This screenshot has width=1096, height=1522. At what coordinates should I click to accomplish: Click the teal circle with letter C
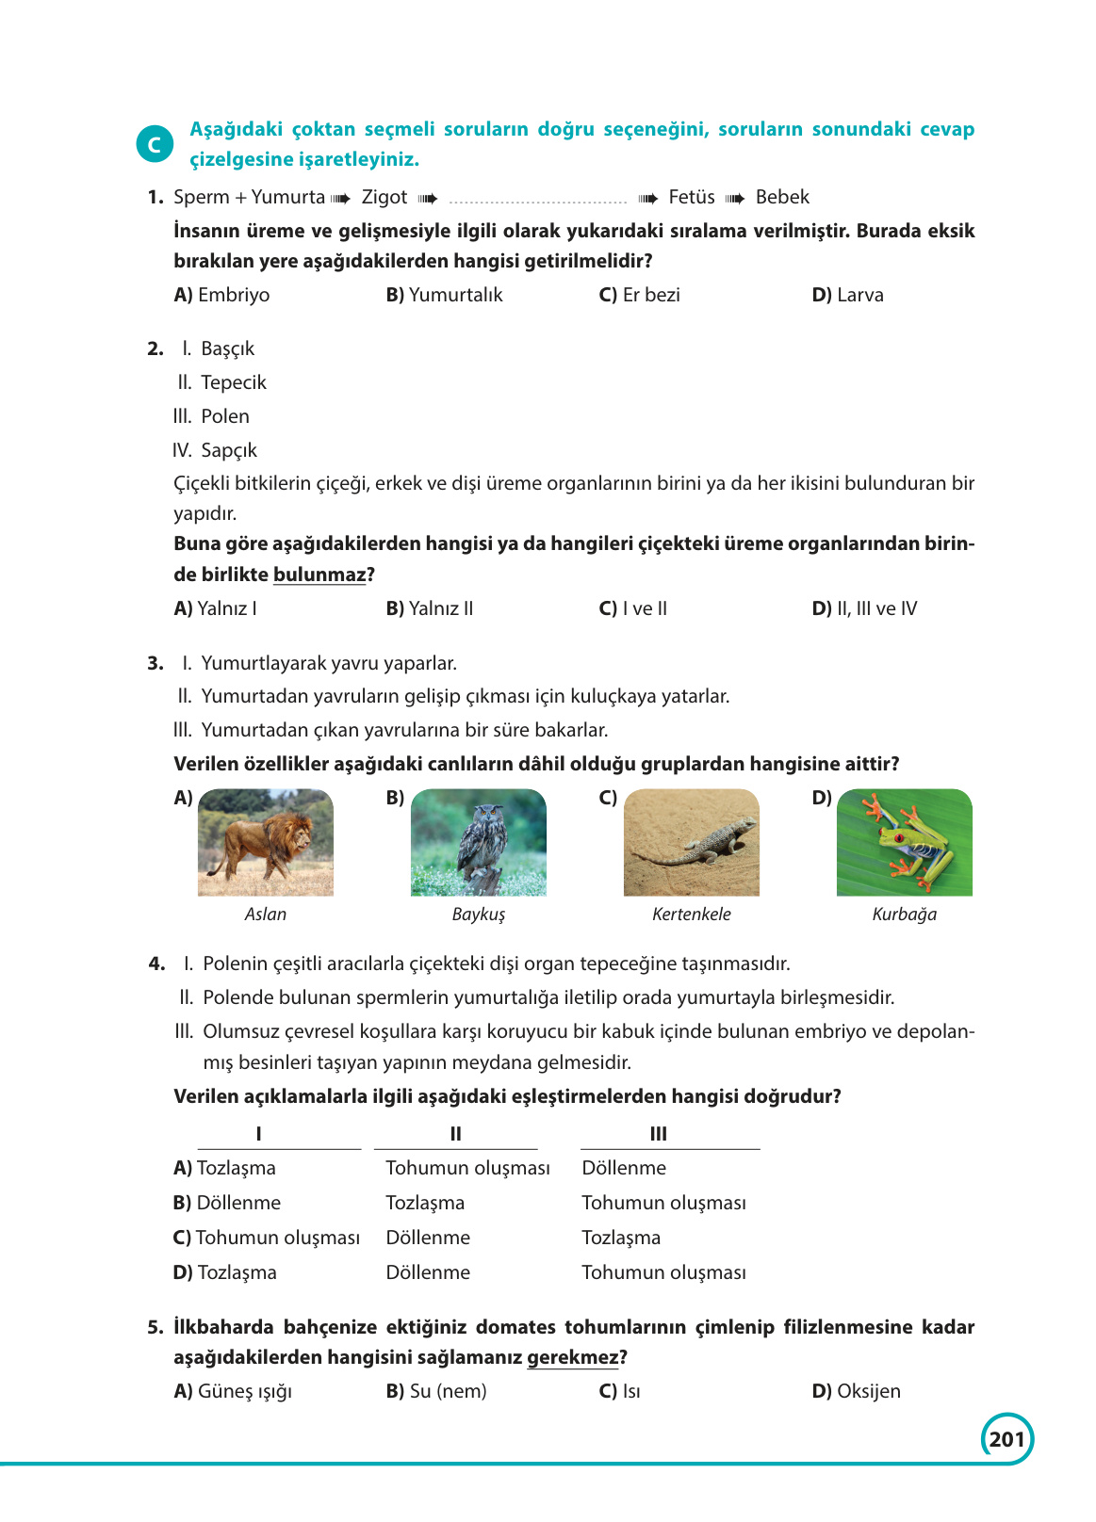(155, 144)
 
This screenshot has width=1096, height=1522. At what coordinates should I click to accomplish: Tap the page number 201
(1006, 1439)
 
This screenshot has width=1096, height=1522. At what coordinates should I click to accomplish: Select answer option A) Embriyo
(222, 295)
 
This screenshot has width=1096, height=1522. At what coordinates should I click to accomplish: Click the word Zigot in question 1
(384, 198)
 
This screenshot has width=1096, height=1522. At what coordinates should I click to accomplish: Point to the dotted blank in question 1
(538, 199)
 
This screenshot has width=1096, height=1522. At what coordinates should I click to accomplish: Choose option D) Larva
(847, 295)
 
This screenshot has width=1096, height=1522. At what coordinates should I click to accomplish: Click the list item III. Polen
(212, 416)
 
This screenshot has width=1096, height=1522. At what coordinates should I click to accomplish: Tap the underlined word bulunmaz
(319, 575)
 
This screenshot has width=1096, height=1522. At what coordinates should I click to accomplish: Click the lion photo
(266, 842)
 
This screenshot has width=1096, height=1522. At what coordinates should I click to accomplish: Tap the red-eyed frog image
(905, 842)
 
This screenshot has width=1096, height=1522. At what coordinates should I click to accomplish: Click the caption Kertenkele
(691, 915)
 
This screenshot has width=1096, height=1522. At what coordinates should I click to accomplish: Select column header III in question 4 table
(659, 1134)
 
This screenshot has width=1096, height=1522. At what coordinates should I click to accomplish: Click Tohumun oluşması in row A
(467, 1168)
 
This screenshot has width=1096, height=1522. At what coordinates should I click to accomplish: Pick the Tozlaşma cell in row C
(621, 1238)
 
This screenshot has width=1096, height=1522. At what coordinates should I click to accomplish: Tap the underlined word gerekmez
(572, 1358)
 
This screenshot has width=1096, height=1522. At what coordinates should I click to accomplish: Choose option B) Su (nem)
(436, 1391)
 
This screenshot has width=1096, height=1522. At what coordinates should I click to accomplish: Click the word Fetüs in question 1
(691, 198)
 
